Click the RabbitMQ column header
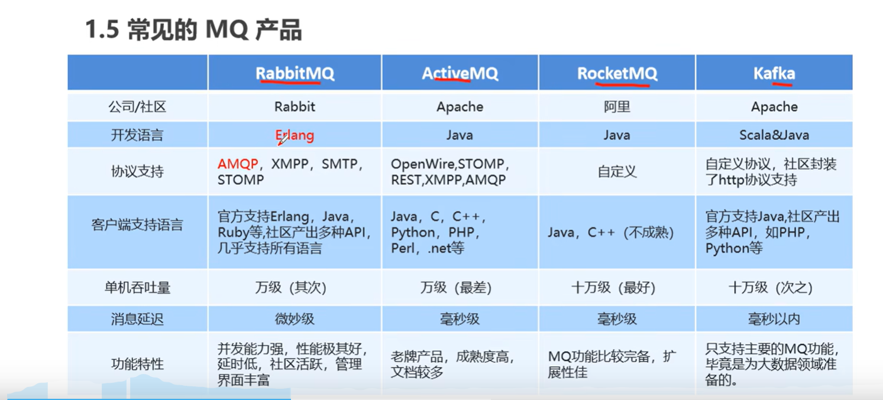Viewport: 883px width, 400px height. click(x=295, y=73)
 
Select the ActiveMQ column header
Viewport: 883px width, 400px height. click(x=460, y=73)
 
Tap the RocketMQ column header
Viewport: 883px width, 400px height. click(x=617, y=73)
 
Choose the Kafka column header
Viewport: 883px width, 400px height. click(x=774, y=73)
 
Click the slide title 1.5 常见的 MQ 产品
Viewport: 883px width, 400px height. click(x=193, y=30)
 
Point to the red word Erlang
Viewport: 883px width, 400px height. click(x=295, y=135)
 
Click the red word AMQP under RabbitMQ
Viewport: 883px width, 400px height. click(x=238, y=164)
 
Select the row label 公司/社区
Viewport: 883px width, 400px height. click(x=137, y=107)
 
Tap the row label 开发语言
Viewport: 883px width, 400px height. click(x=137, y=135)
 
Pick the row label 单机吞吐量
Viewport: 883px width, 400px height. click(x=137, y=288)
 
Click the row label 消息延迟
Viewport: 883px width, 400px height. click(x=137, y=319)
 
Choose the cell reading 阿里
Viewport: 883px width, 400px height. click(x=617, y=107)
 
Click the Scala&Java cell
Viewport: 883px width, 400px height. click(x=774, y=135)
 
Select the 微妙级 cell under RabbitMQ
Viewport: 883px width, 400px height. click(x=295, y=319)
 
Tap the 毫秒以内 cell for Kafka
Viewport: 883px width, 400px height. click(x=774, y=319)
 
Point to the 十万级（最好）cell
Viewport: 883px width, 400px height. click(x=617, y=288)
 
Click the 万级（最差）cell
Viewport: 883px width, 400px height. click(x=460, y=288)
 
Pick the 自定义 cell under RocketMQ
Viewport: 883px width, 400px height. click(x=617, y=172)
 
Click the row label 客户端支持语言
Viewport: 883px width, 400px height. click(x=137, y=225)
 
